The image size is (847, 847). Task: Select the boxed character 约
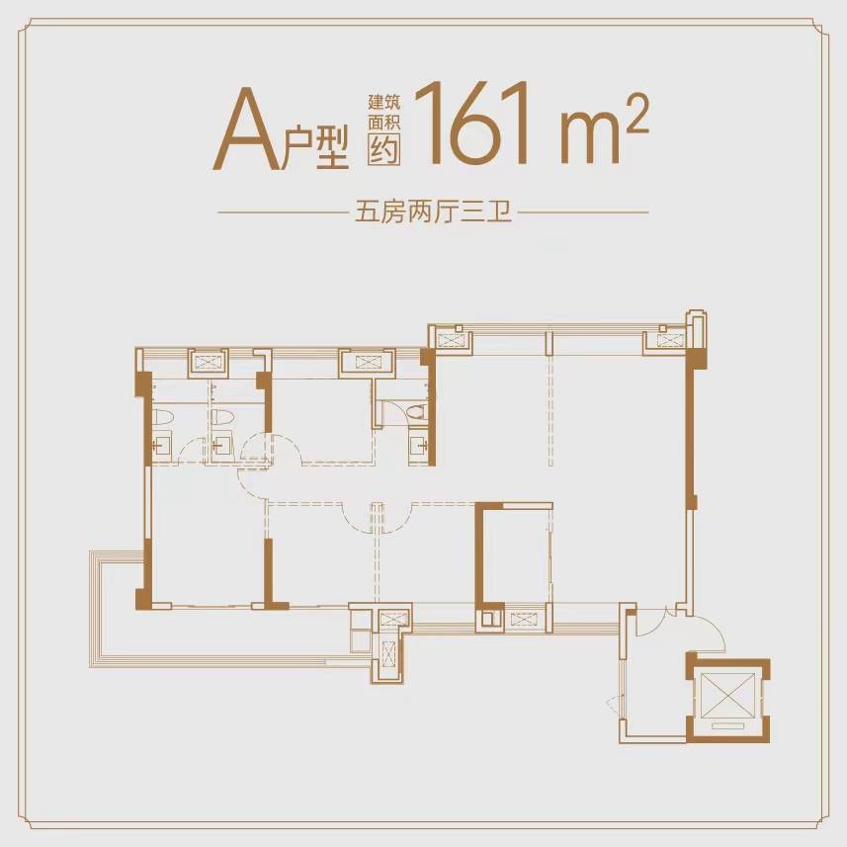(x=384, y=149)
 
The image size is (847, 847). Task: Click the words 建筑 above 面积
(x=384, y=101)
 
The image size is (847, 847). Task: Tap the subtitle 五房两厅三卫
(x=433, y=212)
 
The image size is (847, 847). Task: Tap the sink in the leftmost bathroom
(x=160, y=446)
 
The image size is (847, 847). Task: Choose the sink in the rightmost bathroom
(x=419, y=446)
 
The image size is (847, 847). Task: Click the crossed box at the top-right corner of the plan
(x=669, y=340)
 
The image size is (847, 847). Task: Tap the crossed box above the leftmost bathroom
(x=208, y=362)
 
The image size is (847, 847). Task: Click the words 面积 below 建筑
(x=384, y=123)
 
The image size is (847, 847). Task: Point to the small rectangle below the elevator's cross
(x=726, y=726)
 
